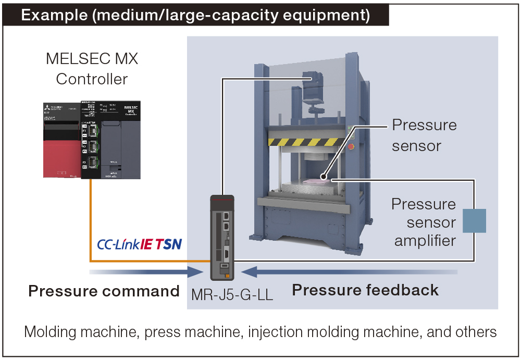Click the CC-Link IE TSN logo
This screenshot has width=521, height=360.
click(x=139, y=244)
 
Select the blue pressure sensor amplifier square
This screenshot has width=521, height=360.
click(x=474, y=220)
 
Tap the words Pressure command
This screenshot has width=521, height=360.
click(x=104, y=291)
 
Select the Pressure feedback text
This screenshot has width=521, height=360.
click(x=365, y=290)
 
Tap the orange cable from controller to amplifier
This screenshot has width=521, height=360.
click(x=91, y=219)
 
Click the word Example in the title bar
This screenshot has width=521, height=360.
click(x=54, y=15)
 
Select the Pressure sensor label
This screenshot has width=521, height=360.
click(x=424, y=135)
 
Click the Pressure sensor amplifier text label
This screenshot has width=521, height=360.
click(x=424, y=222)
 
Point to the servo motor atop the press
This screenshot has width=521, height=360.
click(x=315, y=89)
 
